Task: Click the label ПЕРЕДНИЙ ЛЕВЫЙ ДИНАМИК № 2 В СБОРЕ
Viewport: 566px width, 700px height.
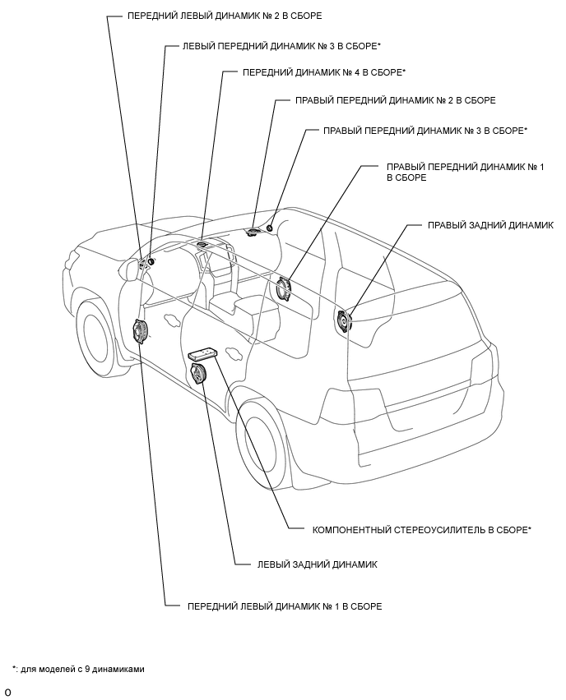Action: coord(225,16)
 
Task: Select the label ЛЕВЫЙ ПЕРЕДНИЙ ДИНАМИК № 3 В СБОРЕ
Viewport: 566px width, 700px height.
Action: coord(281,46)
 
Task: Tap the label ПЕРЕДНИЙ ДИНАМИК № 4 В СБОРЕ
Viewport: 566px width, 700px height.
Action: coord(324,72)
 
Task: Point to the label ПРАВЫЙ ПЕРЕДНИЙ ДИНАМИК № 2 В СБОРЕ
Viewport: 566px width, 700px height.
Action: coord(395,100)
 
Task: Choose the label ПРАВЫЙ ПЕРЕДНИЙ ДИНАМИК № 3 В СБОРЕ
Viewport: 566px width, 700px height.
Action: coord(425,131)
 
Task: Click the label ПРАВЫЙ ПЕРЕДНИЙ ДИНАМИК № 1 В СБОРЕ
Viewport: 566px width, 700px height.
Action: coord(466,173)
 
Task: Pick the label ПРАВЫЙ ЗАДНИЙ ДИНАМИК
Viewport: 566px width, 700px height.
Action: coord(490,225)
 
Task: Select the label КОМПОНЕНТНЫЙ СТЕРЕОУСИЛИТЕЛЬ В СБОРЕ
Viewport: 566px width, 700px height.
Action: coord(421,530)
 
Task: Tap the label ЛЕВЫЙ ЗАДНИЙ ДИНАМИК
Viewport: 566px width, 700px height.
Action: coord(317,564)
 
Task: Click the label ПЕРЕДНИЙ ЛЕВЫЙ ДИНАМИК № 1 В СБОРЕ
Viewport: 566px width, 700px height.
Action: coord(285,606)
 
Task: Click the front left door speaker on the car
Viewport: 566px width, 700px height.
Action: coord(141,332)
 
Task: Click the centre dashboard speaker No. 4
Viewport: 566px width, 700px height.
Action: coord(202,244)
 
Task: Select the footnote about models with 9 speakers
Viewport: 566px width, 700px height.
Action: coord(78,669)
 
